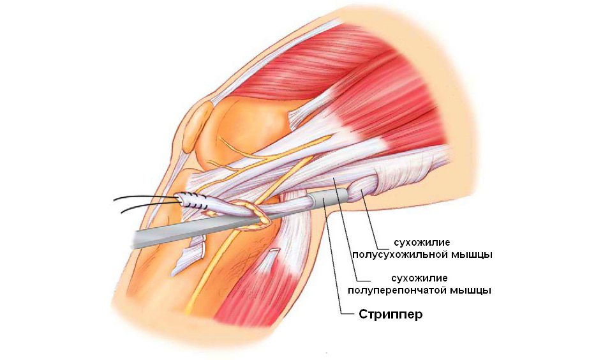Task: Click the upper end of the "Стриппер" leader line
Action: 325,199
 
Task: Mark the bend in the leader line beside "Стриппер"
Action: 341,314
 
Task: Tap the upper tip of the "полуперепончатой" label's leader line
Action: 334,179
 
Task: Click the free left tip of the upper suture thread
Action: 114,200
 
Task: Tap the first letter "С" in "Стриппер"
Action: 363,314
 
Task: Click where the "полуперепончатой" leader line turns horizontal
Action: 357,280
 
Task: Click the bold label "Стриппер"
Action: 391,314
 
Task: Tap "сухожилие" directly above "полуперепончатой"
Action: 419,278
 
